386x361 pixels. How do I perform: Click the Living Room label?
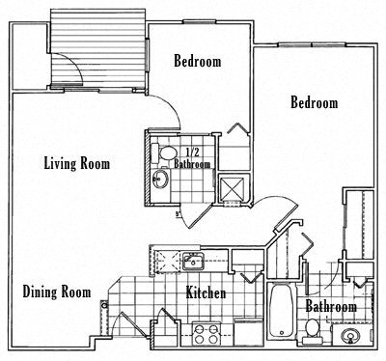tap(77, 163)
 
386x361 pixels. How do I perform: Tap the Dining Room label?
tap(58, 292)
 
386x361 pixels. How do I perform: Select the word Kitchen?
tap(207, 292)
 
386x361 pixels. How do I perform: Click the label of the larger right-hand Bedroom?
tap(315, 102)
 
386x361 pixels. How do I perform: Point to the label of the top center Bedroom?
tap(198, 62)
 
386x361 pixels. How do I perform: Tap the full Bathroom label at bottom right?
tap(331, 307)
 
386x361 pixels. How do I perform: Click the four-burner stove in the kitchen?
tap(206, 334)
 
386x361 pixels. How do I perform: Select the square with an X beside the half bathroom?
tap(233, 187)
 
